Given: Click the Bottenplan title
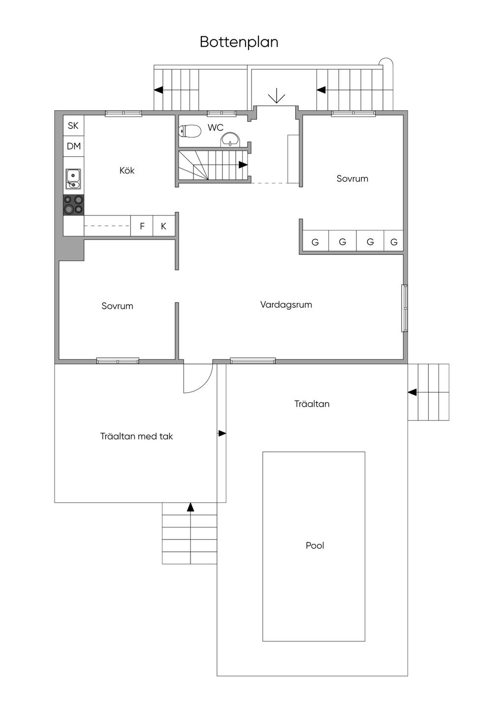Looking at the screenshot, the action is (x=239, y=42).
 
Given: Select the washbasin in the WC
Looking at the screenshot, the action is (x=231, y=140).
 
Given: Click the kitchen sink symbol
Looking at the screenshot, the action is (x=73, y=179).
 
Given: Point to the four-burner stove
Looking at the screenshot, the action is (x=73, y=205).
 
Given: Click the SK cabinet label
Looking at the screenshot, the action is (x=73, y=126).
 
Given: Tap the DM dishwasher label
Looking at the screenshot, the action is (x=73, y=146).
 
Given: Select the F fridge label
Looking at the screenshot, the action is (x=142, y=226).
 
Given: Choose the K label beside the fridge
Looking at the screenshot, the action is (x=163, y=226).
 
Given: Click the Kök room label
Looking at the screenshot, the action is (x=127, y=170).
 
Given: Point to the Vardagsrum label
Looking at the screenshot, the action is (x=286, y=305).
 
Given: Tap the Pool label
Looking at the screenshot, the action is (x=315, y=545).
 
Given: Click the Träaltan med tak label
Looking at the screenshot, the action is (x=136, y=436).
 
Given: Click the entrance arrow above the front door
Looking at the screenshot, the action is (x=277, y=96).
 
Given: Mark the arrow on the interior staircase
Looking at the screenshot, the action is (x=243, y=165).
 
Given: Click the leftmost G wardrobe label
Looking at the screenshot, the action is (x=315, y=242).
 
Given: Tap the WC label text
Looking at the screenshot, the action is (x=216, y=128).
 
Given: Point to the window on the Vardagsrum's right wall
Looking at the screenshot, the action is (x=405, y=308).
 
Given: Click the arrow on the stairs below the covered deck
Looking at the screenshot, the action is (x=190, y=507).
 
